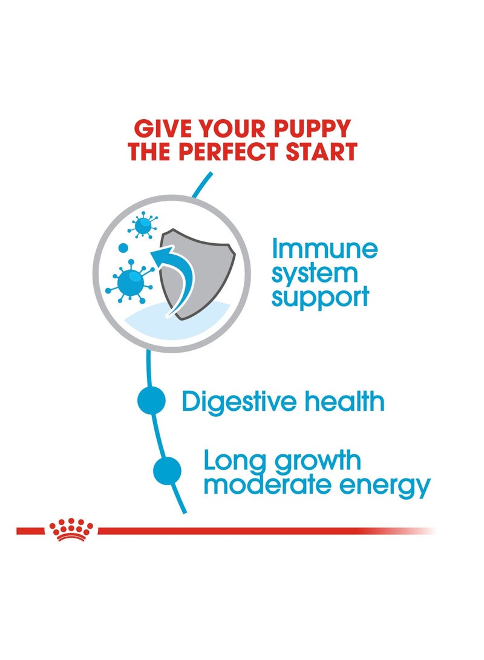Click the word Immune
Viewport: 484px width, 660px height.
coord(324,249)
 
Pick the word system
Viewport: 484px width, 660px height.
coord(315,273)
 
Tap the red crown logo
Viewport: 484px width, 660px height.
coord(72,529)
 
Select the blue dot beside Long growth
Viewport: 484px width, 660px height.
coord(167,471)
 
